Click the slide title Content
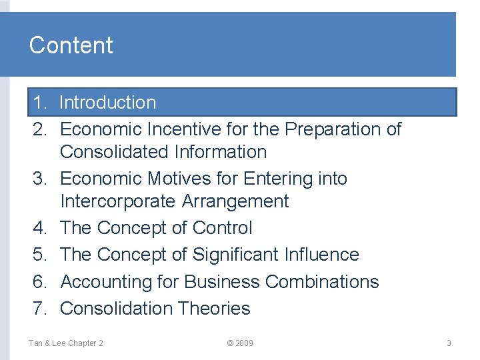point(71,45)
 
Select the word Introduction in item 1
point(107,103)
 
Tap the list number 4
point(40,228)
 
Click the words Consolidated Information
point(163,152)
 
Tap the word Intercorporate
point(117,201)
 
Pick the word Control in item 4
point(222,228)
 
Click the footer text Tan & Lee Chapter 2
point(65,343)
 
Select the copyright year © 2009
point(240,343)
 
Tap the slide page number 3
point(449,343)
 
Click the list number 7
point(40,309)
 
